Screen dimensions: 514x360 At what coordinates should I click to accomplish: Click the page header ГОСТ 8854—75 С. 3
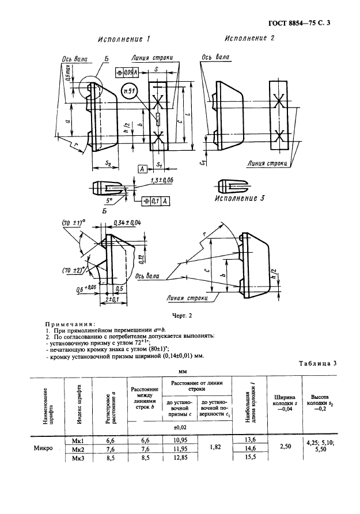301,24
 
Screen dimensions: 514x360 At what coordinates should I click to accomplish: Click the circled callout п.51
131,90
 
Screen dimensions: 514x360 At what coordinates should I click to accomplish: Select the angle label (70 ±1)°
73,223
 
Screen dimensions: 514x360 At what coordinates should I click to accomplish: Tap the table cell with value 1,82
211,446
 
